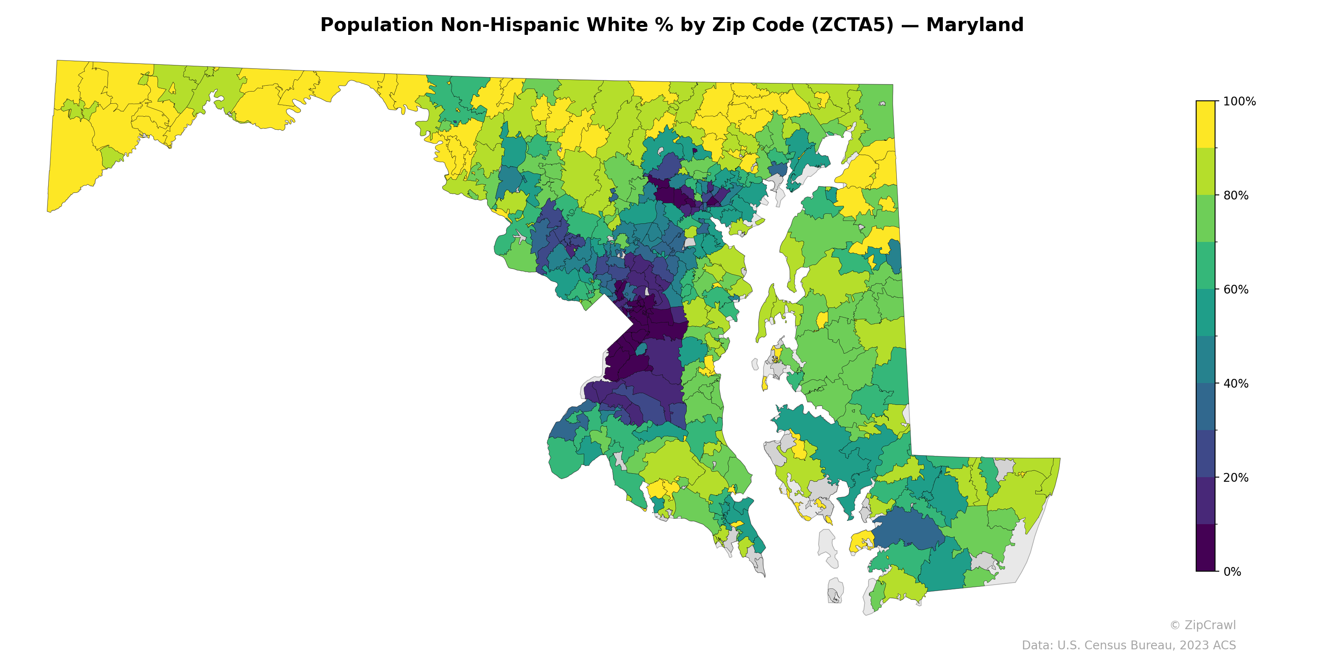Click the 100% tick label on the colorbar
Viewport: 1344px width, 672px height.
click(1239, 102)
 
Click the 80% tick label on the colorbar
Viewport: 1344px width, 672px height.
click(1236, 196)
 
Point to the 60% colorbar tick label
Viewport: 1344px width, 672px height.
click(1236, 289)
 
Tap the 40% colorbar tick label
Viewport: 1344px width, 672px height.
click(1236, 383)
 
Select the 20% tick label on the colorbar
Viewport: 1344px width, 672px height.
click(1236, 478)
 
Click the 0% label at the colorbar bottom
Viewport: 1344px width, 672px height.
click(1232, 572)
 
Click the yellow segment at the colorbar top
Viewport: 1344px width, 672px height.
click(1205, 124)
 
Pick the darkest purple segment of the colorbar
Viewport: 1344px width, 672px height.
click(1205, 548)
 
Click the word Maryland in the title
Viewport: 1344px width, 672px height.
click(974, 25)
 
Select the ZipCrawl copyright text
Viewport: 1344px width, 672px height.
click(1202, 625)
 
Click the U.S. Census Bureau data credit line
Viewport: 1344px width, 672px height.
click(1129, 646)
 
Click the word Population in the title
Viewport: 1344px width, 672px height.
click(376, 25)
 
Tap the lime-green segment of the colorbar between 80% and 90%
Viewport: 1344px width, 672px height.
click(1205, 171)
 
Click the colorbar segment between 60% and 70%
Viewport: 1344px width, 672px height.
click(1205, 265)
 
